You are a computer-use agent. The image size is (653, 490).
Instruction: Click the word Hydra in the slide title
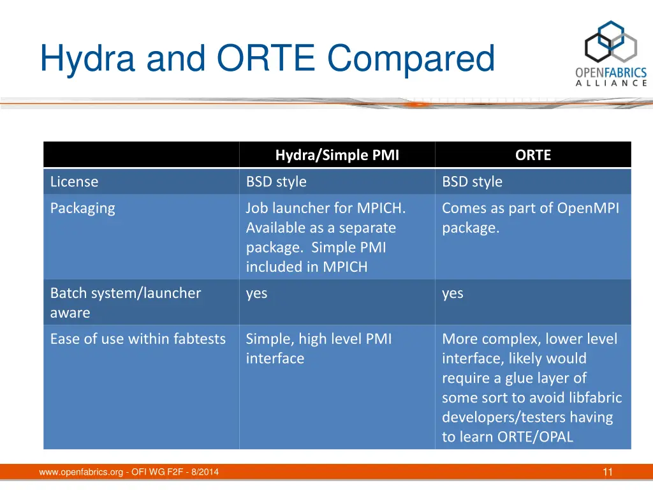pyautogui.click(x=87, y=59)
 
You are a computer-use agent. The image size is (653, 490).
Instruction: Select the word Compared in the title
pyautogui.click(x=411, y=59)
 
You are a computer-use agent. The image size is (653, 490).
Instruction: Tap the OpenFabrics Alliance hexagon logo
pyautogui.click(x=611, y=41)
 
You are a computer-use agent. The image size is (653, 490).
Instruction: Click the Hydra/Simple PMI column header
pyautogui.click(x=337, y=155)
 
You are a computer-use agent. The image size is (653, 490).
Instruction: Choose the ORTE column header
pyautogui.click(x=533, y=155)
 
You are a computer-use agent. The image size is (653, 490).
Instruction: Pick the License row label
pyautogui.click(x=74, y=182)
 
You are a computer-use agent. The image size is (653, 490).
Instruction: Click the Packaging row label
pyautogui.click(x=82, y=209)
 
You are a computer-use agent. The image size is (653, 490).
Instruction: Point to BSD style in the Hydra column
pyautogui.click(x=276, y=182)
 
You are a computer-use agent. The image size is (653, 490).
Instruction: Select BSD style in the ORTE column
pyautogui.click(x=473, y=182)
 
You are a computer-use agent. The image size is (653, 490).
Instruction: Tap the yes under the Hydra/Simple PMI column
pyautogui.click(x=256, y=293)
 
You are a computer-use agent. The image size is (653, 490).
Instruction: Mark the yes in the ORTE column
pyautogui.click(x=453, y=293)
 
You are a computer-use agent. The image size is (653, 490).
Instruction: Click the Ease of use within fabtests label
pyautogui.click(x=138, y=339)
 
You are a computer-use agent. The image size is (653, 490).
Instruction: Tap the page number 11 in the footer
pyautogui.click(x=608, y=472)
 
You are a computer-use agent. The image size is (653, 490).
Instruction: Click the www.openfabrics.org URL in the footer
pyautogui.click(x=81, y=472)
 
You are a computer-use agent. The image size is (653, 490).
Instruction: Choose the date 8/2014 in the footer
pyautogui.click(x=205, y=472)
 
